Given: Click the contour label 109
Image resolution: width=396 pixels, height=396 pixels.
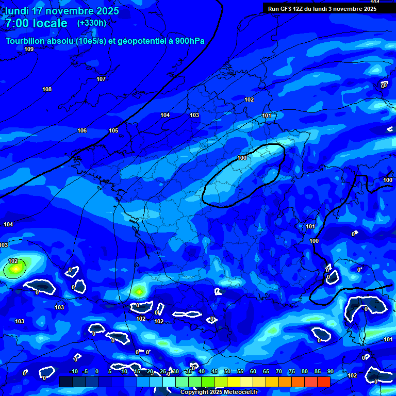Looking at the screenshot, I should pos(29,49).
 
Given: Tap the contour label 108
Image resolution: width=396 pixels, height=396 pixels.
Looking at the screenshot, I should pos(47,89).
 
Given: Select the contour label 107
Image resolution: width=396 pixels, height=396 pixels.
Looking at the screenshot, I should pos(101,79).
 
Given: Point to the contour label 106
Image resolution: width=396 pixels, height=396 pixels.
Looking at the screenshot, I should pos(82,130).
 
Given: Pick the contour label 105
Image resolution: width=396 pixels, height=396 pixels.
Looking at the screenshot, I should pos(113,130).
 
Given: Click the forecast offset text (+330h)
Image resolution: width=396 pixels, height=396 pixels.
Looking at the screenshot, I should pos(91,23).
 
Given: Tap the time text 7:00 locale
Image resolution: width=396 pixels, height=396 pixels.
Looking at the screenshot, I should pos(36,23).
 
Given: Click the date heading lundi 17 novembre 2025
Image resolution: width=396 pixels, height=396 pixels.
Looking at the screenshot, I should pos(62,11).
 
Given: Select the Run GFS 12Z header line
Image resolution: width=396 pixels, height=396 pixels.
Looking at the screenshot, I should pos(322,9).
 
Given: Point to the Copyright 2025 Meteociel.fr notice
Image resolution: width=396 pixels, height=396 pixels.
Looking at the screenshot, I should pos(219,392).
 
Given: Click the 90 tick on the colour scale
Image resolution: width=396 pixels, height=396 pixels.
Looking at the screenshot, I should pos(330,371).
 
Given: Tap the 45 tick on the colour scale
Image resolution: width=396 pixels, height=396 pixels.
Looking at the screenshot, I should pos(214,371).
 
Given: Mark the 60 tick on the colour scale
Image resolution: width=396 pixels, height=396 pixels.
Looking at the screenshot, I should pos(253,371).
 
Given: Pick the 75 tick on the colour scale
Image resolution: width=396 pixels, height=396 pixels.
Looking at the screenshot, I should pos(291,371).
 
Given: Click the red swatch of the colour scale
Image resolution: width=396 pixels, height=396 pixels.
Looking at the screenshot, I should pos(323,382).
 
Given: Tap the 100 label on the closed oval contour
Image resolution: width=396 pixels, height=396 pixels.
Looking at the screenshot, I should pos(242,158).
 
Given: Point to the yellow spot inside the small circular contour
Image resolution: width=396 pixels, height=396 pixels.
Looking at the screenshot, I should pos(16,268).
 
